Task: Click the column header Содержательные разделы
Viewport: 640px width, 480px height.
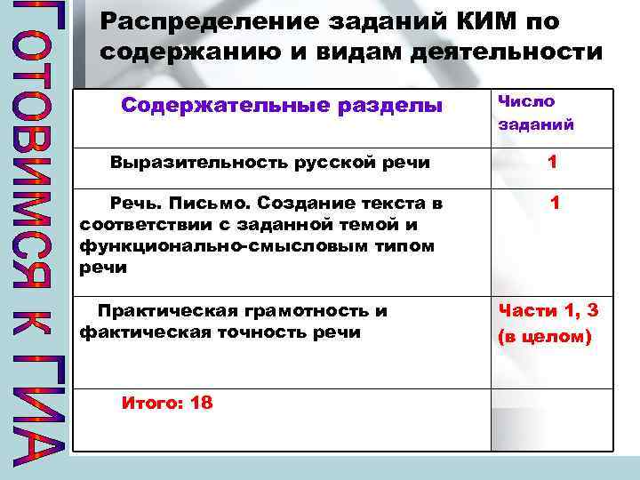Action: tap(281, 106)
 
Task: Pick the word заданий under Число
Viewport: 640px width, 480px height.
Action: tap(536, 124)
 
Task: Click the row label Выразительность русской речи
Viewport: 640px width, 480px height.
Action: tap(270, 163)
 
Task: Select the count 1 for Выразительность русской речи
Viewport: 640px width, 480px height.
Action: tap(553, 162)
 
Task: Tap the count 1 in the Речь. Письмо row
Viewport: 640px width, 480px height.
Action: tap(555, 204)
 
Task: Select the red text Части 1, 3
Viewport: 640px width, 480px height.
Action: tap(548, 310)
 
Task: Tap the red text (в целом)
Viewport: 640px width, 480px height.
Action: tap(544, 337)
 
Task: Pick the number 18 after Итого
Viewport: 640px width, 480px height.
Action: tap(202, 403)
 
